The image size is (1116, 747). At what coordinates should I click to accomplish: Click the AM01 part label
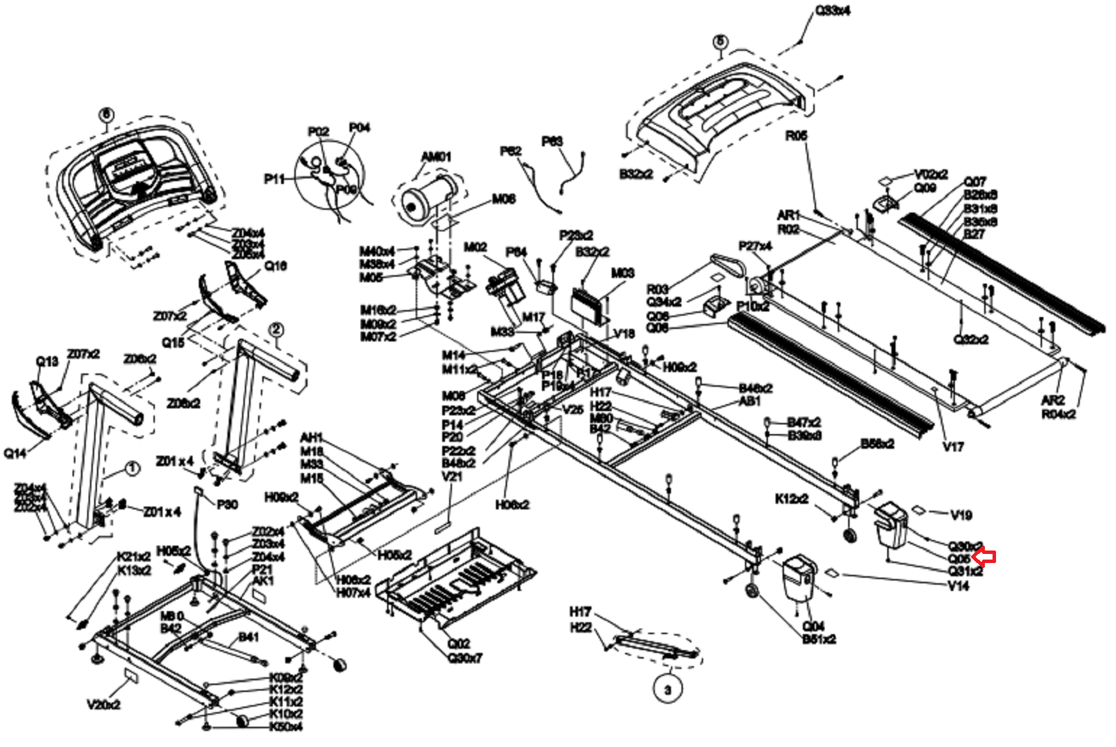[x=436, y=157]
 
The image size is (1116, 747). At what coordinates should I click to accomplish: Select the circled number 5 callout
[x=720, y=42]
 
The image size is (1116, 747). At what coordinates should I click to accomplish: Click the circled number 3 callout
[x=668, y=690]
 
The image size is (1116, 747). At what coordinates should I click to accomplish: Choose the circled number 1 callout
[x=132, y=468]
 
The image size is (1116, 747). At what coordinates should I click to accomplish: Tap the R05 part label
[x=796, y=135]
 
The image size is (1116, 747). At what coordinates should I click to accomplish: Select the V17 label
[x=953, y=447]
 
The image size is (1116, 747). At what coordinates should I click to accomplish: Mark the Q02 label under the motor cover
[x=458, y=644]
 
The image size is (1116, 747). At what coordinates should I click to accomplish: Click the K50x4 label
[x=286, y=727]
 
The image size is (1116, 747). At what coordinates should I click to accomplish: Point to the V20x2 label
[x=104, y=704]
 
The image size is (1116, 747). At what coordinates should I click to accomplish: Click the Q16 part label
[x=276, y=265]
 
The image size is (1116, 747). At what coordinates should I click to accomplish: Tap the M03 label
[x=622, y=273]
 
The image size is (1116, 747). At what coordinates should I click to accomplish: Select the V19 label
[x=961, y=515]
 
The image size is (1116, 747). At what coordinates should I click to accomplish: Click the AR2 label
[x=1053, y=400]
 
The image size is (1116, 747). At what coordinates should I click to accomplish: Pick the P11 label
[x=275, y=179]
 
